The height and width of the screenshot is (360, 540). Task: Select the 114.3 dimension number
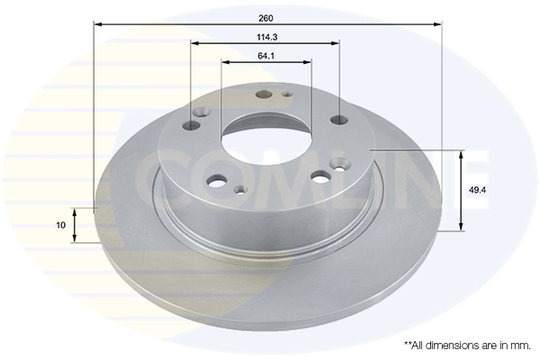(x=266, y=36)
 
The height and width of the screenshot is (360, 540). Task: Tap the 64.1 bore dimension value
(x=266, y=56)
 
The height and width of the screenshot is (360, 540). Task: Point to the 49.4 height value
(x=477, y=191)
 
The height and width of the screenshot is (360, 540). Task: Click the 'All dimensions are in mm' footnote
(x=467, y=345)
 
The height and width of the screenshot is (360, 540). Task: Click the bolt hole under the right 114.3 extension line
(x=338, y=119)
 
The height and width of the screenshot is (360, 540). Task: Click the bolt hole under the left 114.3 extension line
(x=200, y=112)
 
